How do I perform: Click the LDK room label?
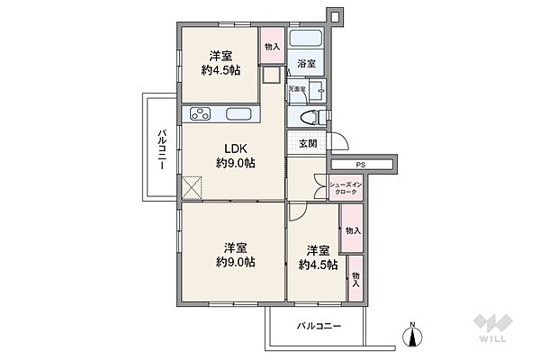click(236, 148)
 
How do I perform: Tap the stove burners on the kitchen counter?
click(199, 114)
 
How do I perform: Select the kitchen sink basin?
click(240, 114)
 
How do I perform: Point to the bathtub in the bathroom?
click(310, 40)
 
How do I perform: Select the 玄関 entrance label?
click(306, 144)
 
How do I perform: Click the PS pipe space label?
click(359, 164)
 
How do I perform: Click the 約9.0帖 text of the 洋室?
click(236, 262)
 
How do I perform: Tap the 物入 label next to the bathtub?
click(272, 46)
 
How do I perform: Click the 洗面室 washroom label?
click(296, 89)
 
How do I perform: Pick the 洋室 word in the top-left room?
click(221, 55)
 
